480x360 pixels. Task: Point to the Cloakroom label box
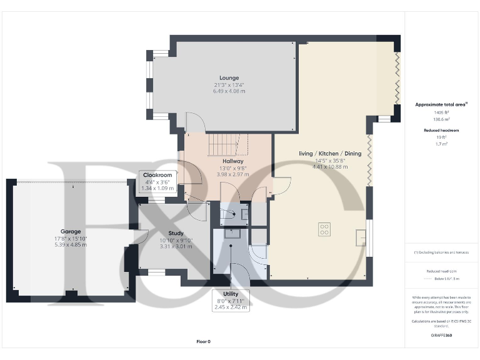click(157, 181)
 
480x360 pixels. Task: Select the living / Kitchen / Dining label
click(321, 153)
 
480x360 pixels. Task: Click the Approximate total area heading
click(439, 104)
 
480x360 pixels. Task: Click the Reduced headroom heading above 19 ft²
click(441, 130)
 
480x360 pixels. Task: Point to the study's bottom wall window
click(156, 272)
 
